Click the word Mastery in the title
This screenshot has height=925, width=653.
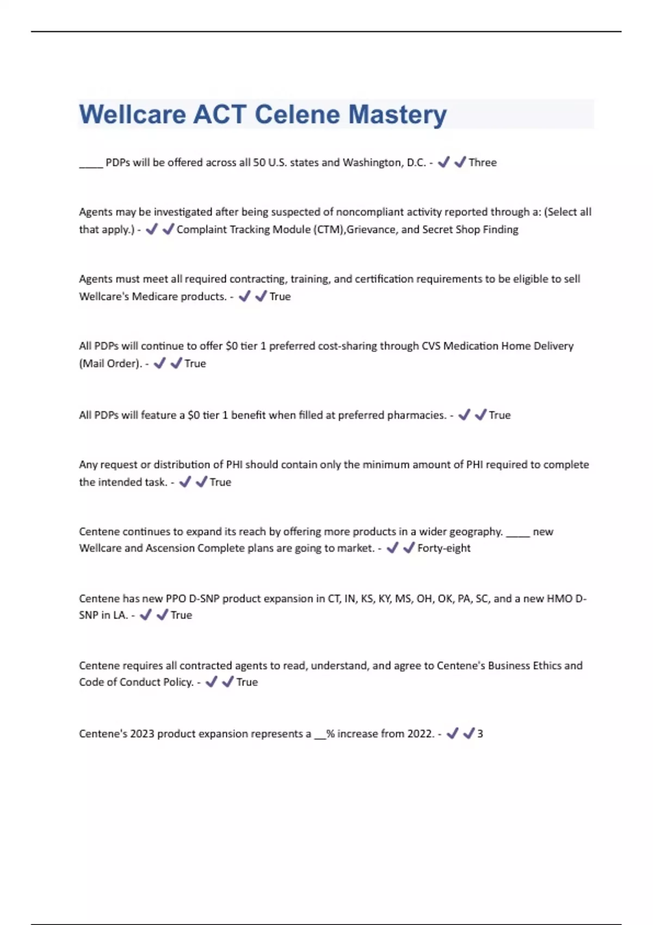397,115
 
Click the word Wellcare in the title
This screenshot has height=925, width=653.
132,115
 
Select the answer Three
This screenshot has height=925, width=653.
482,163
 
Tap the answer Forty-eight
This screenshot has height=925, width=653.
443,548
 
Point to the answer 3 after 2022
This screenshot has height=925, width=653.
480,734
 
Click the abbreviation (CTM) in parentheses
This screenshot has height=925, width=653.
328,230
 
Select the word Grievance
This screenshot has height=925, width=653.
371,230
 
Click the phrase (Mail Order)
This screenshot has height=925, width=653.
110,363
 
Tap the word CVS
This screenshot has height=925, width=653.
431,346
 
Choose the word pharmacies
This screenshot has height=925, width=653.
418,415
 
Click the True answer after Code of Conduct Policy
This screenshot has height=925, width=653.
247,682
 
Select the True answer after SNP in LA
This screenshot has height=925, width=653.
181,615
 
